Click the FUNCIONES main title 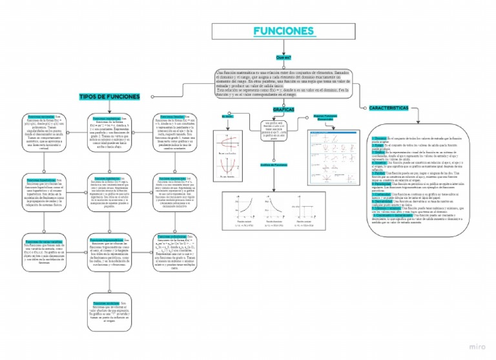[283, 31]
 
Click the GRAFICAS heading [284, 110]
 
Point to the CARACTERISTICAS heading [391, 108]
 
